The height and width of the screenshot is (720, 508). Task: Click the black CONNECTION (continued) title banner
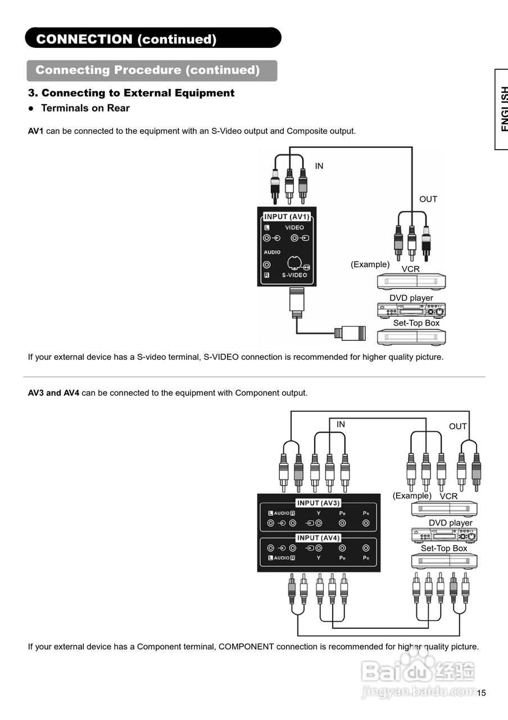pyautogui.click(x=153, y=38)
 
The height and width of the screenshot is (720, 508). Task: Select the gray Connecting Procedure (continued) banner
pyautogui.click(x=152, y=70)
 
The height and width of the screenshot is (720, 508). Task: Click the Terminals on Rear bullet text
pyautogui.click(x=85, y=108)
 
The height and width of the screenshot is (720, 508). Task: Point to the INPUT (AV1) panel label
pyautogui.click(x=287, y=217)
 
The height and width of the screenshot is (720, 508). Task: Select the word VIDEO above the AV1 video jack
pyautogui.click(x=294, y=228)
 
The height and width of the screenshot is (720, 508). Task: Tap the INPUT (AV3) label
pyautogui.click(x=319, y=503)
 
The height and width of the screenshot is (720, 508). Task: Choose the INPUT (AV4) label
pyautogui.click(x=319, y=538)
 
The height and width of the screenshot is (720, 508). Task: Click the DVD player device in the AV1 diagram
pyautogui.click(x=411, y=310)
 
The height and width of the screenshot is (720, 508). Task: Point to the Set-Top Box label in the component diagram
pyautogui.click(x=444, y=548)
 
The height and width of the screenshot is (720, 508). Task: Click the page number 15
pyautogui.click(x=481, y=693)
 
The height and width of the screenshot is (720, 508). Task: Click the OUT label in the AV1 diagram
pyautogui.click(x=428, y=199)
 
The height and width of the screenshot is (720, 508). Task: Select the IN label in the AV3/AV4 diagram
pyautogui.click(x=341, y=425)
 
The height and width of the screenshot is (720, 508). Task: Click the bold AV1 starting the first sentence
pyautogui.click(x=35, y=131)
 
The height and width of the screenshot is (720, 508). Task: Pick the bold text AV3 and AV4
pyautogui.click(x=53, y=393)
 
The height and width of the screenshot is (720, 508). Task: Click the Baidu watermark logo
pyautogui.click(x=419, y=670)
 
